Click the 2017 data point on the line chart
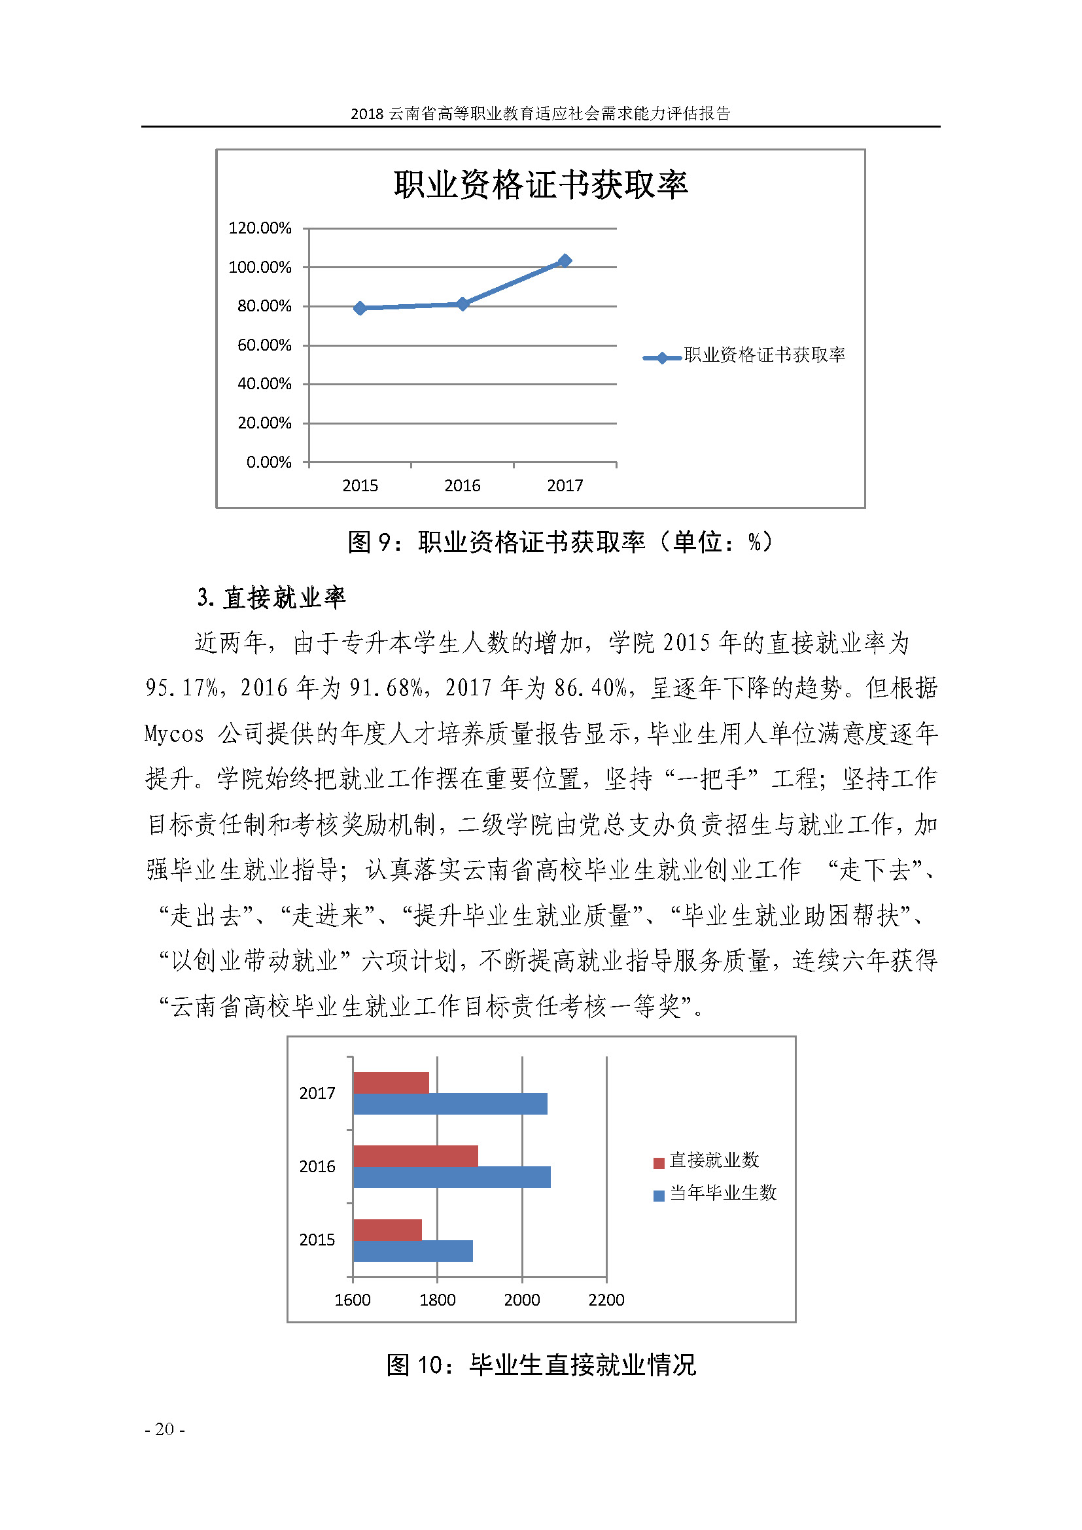[565, 260]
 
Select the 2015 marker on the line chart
[360, 308]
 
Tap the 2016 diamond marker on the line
[462, 304]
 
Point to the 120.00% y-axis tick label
[260, 228]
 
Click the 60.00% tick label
[264, 345]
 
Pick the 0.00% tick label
[268, 462]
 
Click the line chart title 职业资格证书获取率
[540, 184]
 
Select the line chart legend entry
[744, 355]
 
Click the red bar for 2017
[391, 1083]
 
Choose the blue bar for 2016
[452, 1177]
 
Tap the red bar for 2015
[387, 1230]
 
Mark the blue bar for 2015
[412, 1251]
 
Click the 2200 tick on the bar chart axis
[606, 1300]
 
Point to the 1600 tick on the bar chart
[353, 1300]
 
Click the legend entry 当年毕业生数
[715, 1193]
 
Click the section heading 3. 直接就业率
[271, 597]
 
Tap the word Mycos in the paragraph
[173, 734]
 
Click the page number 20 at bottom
[165, 1429]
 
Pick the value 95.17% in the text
[181, 687]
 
